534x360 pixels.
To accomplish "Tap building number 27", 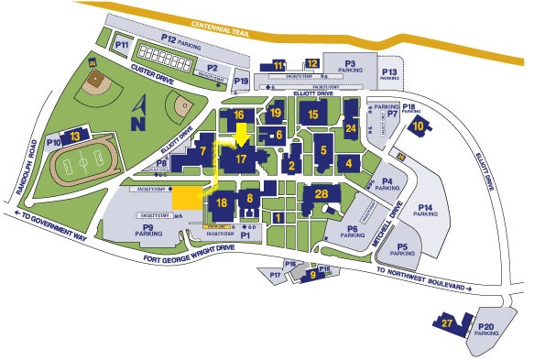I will point(447,323).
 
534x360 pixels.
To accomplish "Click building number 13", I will point(75,136).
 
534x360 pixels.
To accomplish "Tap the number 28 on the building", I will point(321,193).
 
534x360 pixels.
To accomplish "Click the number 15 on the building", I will point(313,115).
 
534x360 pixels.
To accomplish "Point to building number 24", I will point(350,129).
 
